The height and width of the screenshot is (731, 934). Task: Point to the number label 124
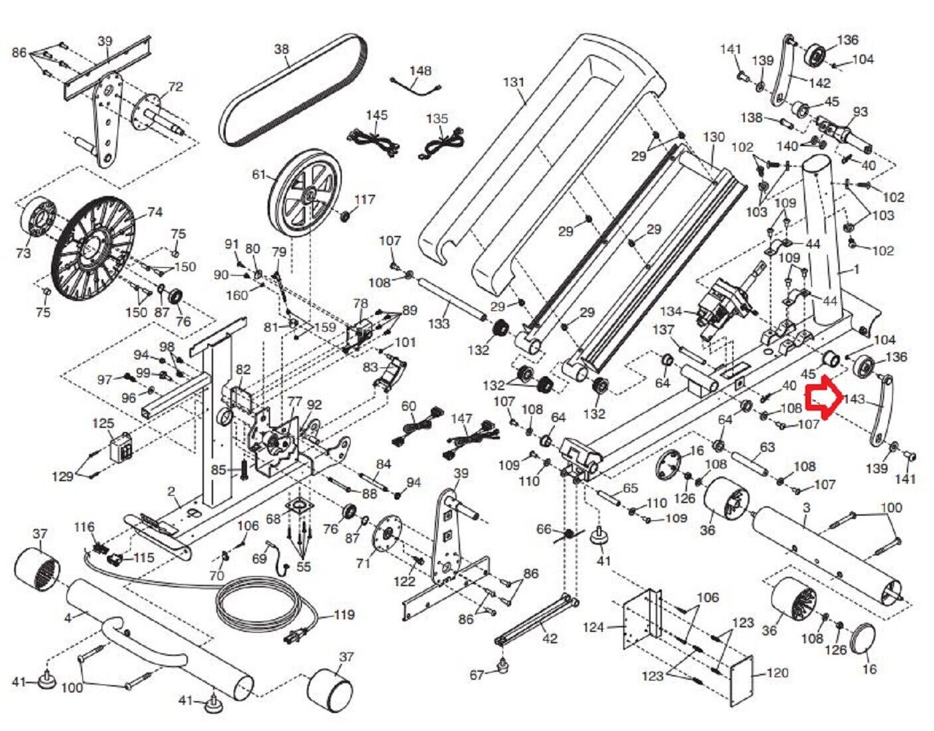pyautogui.click(x=594, y=627)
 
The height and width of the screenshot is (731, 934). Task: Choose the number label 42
pyautogui.click(x=550, y=639)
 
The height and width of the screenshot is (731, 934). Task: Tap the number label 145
pyautogui.click(x=376, y=116)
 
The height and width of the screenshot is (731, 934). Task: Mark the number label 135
pyautogui.click(x=437, y=119)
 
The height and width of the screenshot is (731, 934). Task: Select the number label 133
pyautogui.click(x=439, y=324)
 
